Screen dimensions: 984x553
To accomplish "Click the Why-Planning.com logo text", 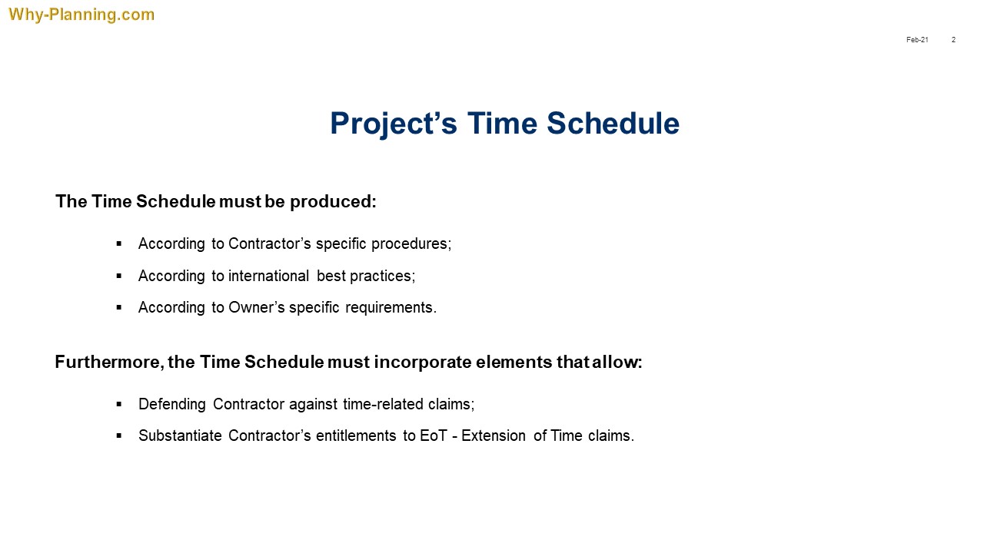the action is [x=81, y=15].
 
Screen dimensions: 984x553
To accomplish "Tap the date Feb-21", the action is [x=917, y=40].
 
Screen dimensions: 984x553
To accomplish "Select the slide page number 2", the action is [x=954, y=40].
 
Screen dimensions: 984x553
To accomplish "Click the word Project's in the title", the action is [x=394, y=124].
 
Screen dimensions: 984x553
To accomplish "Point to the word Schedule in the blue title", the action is [x=613, y=123].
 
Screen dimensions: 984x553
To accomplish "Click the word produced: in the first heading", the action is [x=333, y=201].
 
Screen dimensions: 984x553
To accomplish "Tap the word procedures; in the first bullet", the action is [x=411, y=244].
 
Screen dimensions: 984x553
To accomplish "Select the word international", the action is [x=268, y=276].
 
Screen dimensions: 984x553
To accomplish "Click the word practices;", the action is [x=382, y=276].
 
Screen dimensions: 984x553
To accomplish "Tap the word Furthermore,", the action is [x=109, y=362].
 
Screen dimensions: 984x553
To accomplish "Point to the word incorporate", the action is [x=423, y=362].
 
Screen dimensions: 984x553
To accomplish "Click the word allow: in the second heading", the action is [x=617, y=362].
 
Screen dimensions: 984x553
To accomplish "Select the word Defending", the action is [x=171, y=404].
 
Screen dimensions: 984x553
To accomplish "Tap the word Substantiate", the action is [x=180, y=435].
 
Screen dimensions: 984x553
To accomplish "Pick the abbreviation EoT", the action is [x=433, y=435].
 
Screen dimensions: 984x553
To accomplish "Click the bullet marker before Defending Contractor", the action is [x=119, y=404].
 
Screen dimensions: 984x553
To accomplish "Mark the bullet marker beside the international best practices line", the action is [x=119, y=276].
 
